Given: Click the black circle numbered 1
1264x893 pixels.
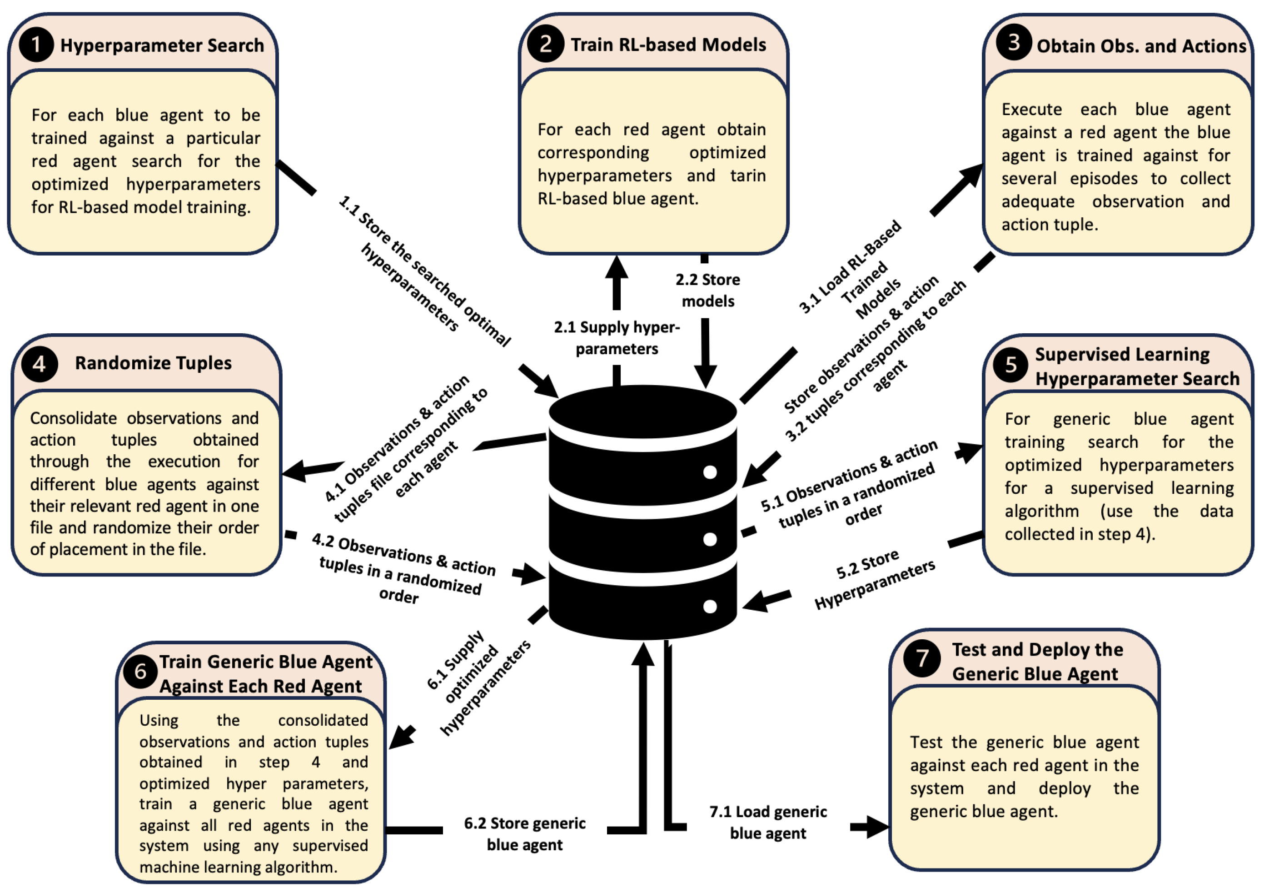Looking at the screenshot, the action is point(36,45).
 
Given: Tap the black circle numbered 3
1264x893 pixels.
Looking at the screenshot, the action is point(1014,42).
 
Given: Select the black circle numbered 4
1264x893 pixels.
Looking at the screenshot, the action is point(40,364).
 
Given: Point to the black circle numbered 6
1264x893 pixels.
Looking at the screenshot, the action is point(140,672).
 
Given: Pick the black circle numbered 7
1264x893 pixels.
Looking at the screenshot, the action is point(922,658).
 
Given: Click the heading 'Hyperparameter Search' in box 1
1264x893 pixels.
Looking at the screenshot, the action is point(162,45).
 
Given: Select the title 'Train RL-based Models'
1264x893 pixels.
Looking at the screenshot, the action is point(668,44).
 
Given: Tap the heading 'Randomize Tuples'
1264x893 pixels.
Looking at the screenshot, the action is point(153,363).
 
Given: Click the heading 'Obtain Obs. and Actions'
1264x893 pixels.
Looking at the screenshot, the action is point(1141,46).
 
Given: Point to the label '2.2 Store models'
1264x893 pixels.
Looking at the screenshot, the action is point(708,291).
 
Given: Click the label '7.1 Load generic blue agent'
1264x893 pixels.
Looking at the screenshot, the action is point(768,823).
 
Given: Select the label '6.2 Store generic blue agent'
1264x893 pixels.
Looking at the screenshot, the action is point(525,834).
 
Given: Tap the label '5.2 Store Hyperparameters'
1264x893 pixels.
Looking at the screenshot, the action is point(874,579).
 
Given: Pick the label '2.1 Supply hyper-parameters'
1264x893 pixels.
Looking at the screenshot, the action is point(617,338).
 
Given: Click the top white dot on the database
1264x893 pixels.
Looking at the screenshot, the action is point(710,472).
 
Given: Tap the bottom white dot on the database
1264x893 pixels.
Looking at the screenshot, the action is point(710,607).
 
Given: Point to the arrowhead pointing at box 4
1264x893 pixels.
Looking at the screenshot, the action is point(294,472).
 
